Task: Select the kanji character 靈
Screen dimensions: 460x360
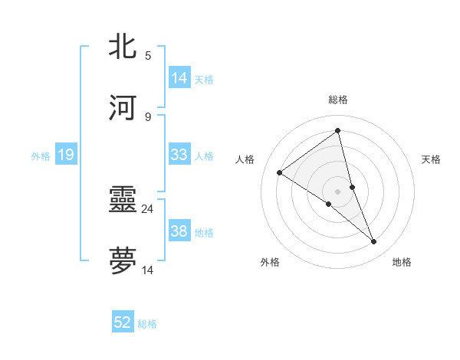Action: coord(123,199)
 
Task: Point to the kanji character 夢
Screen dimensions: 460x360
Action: coord(123,260)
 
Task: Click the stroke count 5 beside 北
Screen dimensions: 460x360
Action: coord(148,55)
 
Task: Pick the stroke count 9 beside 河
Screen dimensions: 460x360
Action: coord(148,116)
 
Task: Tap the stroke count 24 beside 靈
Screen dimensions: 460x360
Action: coord(148,208)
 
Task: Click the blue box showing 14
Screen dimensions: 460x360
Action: coord(179,78)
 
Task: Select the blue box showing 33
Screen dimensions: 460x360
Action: coord(179,155)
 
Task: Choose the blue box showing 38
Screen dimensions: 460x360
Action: coord(179,231)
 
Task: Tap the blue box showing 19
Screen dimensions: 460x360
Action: coord(65,155)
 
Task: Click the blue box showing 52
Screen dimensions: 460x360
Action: coord(123,322)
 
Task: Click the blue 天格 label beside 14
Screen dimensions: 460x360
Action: coord(204,79)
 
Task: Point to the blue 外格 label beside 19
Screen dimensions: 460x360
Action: coord(41,155)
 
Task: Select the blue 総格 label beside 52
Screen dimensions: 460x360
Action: coord(147,323)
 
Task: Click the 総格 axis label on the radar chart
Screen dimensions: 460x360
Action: coord(338,100)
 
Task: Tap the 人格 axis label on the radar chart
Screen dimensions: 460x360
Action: coord(245,159)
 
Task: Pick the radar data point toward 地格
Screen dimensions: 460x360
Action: coord(374,242)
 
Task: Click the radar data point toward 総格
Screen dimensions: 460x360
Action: coord(338,130)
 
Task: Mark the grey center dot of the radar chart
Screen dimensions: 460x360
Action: coord(338,191)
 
